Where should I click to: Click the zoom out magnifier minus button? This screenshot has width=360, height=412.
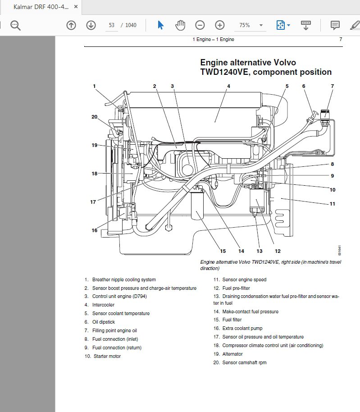tap(200, 25)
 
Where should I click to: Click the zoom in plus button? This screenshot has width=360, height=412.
tap(219, 25)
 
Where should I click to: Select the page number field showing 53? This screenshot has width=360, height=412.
tap(111, 25)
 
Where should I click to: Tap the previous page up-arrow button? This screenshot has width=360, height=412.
tap(71, 25)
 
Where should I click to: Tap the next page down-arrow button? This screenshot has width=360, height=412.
tap(91, 25)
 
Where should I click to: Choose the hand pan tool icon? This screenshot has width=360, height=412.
tap(180, 25)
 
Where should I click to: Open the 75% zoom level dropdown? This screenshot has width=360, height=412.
tap(251, 25)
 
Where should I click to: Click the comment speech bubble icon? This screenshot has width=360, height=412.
tap(335, 25)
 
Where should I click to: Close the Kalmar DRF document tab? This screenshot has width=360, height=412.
tap(76, 7)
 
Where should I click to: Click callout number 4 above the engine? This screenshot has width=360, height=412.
tap(228, 86)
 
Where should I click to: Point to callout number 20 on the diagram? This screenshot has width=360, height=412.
tap(94, 117)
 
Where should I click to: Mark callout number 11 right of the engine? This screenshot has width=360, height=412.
tap(332, 204)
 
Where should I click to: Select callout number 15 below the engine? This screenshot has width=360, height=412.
tap(223, 251)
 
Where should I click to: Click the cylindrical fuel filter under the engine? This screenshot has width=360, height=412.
tap(197, 206)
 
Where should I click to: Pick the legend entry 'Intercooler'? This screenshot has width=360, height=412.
tap(103, 305)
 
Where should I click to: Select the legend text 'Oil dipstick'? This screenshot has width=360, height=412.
tap(104, 322)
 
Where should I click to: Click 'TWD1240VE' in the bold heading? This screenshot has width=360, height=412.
tap(223, 72)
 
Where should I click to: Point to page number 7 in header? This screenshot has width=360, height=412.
tap(341, 40)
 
